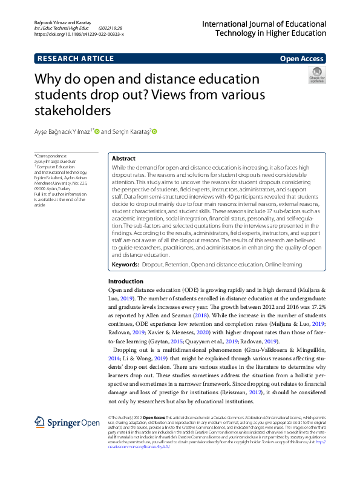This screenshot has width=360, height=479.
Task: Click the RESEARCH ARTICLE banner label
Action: pyautogui.click(x=75, y=59)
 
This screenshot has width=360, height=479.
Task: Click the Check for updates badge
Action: pyautogui.click(x=316, y=75)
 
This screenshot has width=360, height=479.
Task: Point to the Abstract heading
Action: pyautogui.click(x=124, y=158)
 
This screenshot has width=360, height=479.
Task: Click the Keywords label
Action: pyautogui.click(x=126, y=265)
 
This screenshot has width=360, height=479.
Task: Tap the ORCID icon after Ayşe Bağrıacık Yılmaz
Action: pyautogui.click(x=97, y=131)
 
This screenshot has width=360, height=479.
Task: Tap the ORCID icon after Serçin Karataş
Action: pyautogui.click(x=154, y=131)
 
